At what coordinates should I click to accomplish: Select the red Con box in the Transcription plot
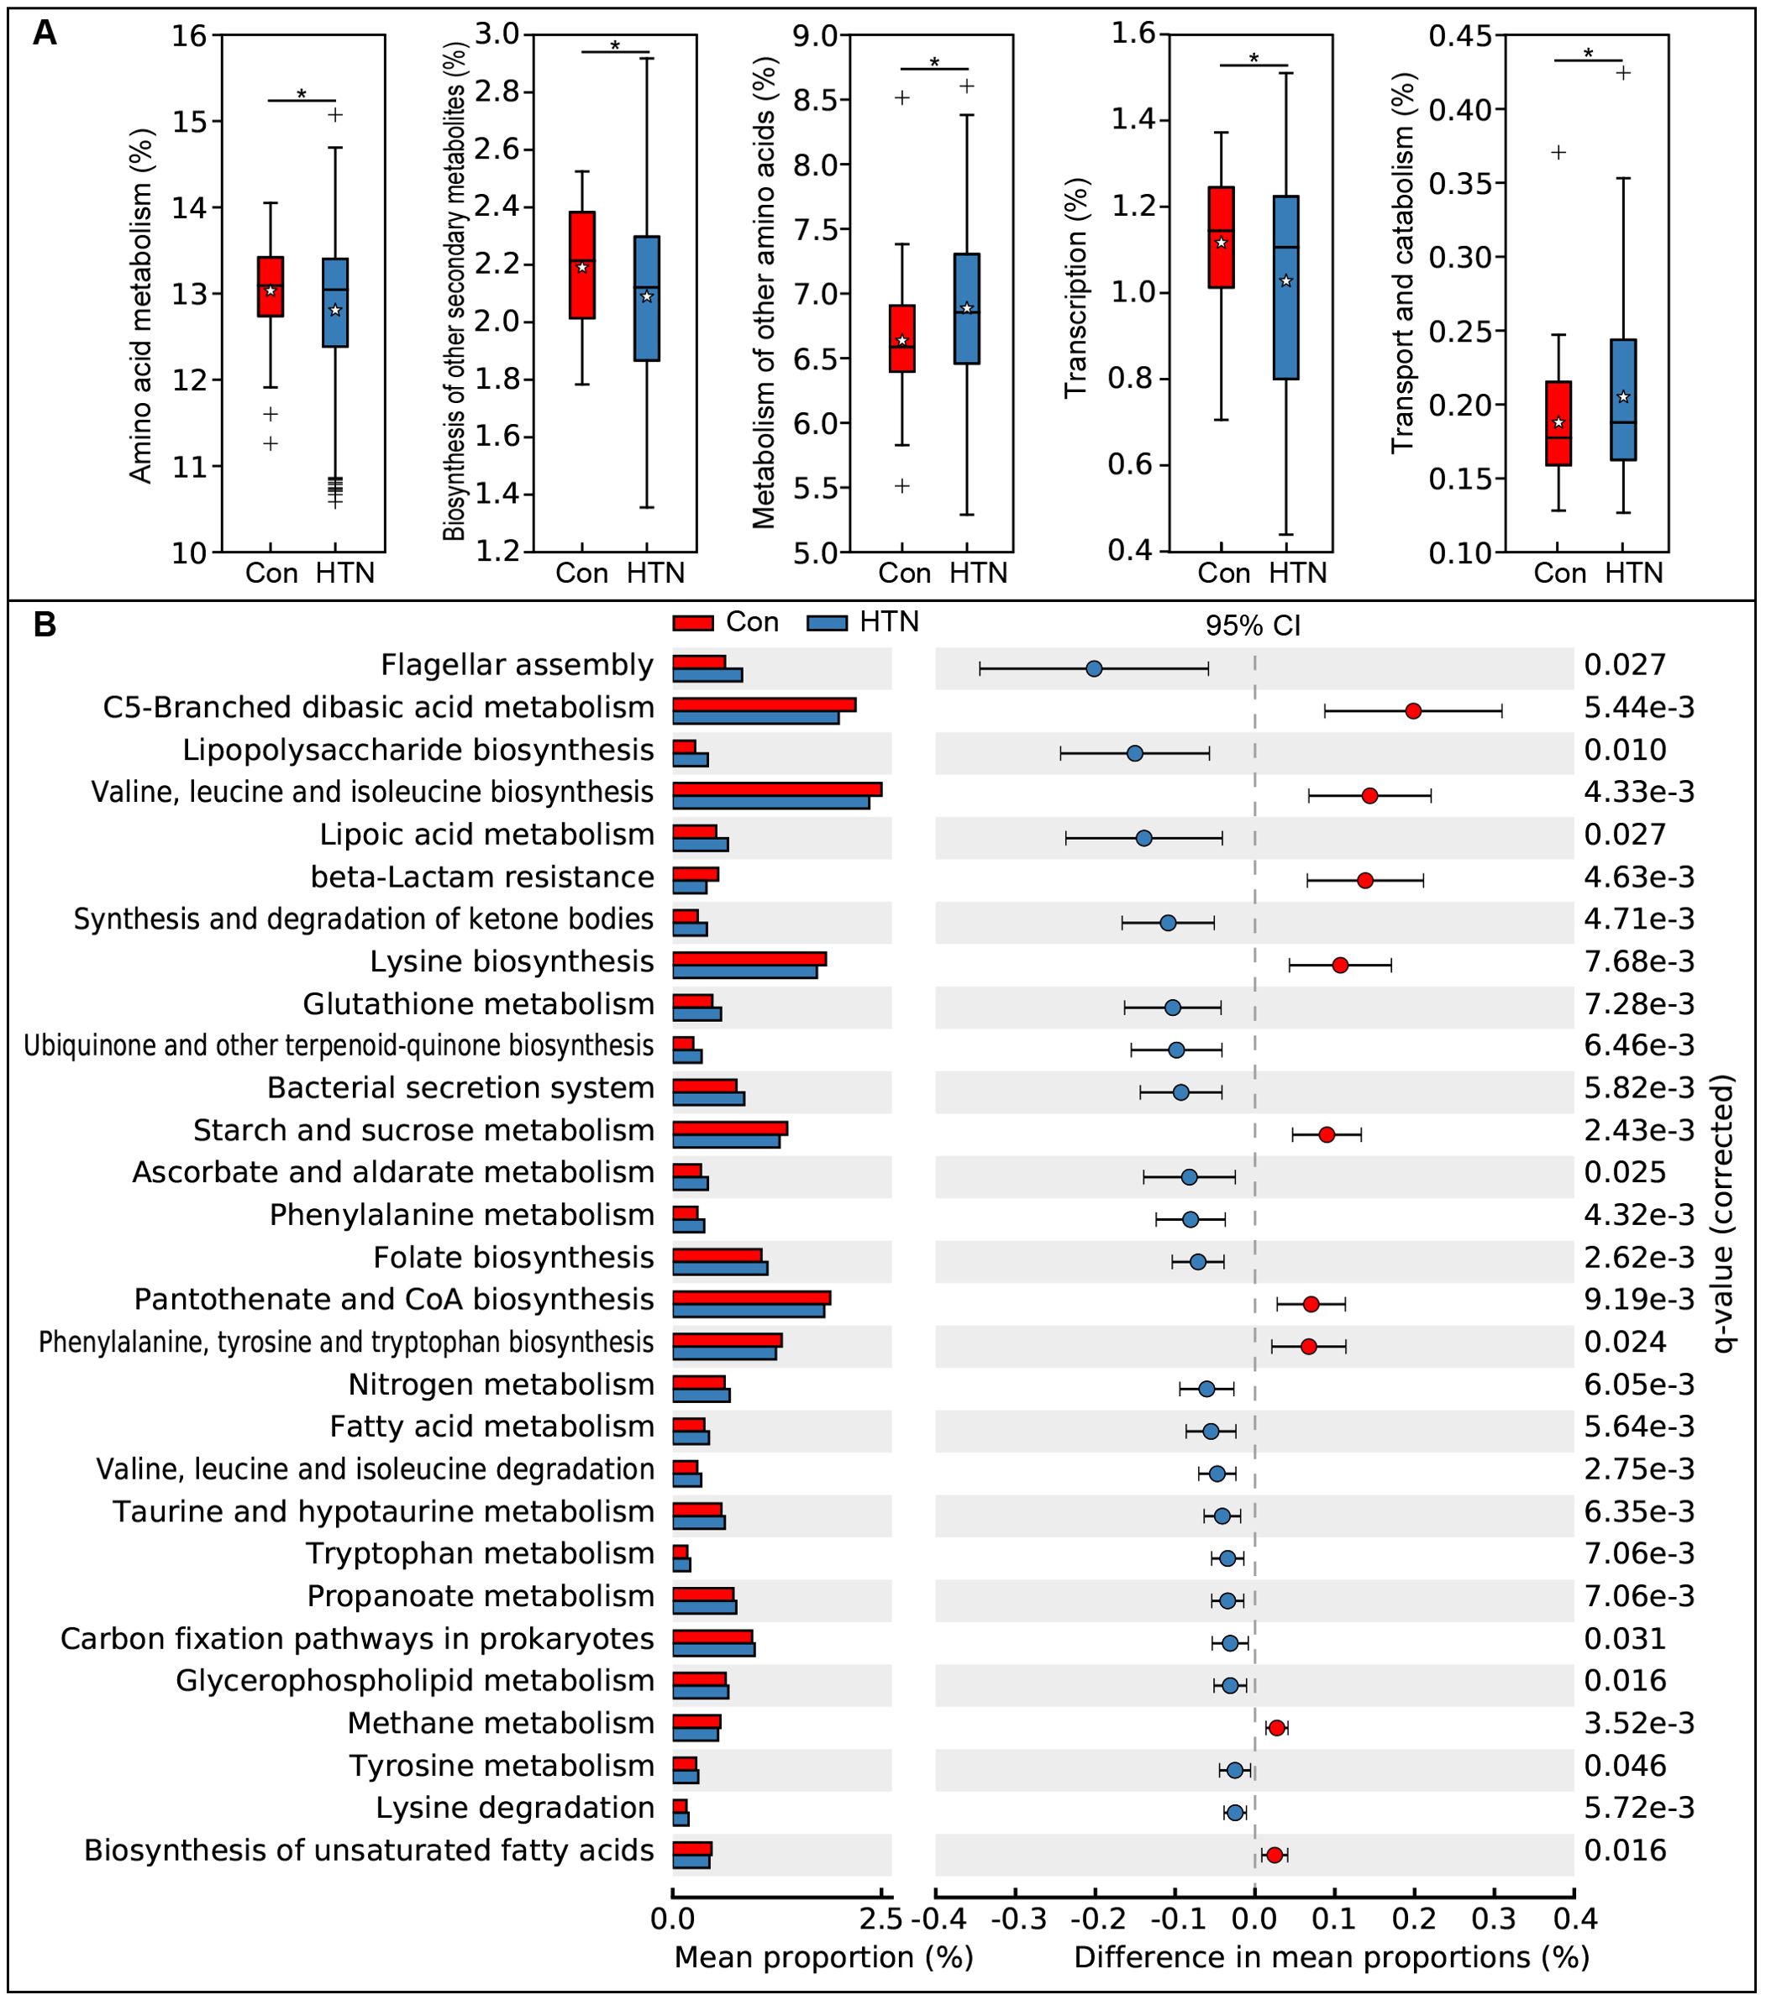pos(1221,237)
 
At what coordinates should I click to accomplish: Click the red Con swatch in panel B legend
pos(693,623)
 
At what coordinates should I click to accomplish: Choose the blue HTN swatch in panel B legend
pos(828,623)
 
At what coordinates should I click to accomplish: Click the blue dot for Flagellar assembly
pos(1095,669)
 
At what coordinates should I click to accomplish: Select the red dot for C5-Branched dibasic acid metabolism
pos(1412,711)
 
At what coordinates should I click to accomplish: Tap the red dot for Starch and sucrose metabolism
pos(1327,1135)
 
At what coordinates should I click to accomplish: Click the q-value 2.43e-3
pos(1639,1131)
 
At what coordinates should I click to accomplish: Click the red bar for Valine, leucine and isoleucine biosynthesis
pos(776,789)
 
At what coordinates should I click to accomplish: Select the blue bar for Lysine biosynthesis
pos(744,972)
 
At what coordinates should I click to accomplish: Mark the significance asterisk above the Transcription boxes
pos(1254,59)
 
